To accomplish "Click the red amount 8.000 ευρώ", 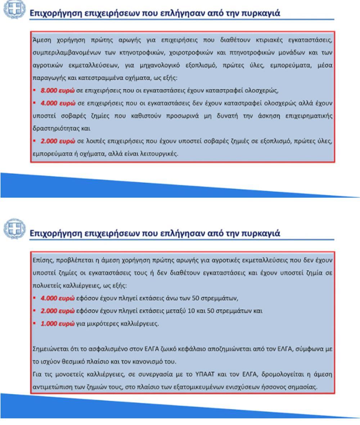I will (58, 90).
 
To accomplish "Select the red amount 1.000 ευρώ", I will (58, 323).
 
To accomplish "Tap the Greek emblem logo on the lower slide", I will (14, 228).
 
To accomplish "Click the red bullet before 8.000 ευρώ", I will (34, 90).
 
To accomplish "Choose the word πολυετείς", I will (45, 286).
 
